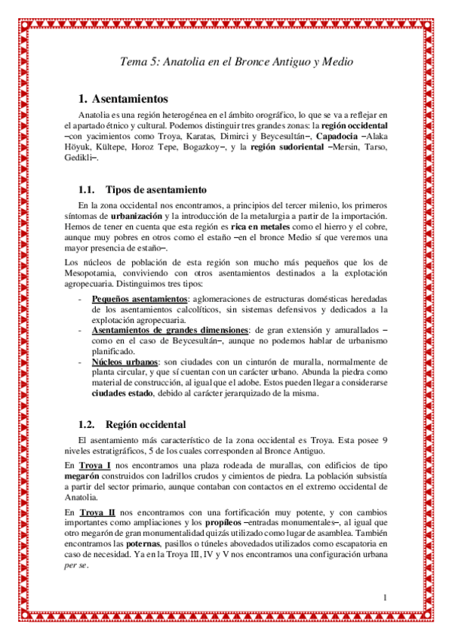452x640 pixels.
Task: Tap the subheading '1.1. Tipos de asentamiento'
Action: [x=139, y=189]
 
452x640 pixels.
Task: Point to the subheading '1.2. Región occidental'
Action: [x=132, y=424]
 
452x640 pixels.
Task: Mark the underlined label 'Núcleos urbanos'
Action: [x=121, y=362]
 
